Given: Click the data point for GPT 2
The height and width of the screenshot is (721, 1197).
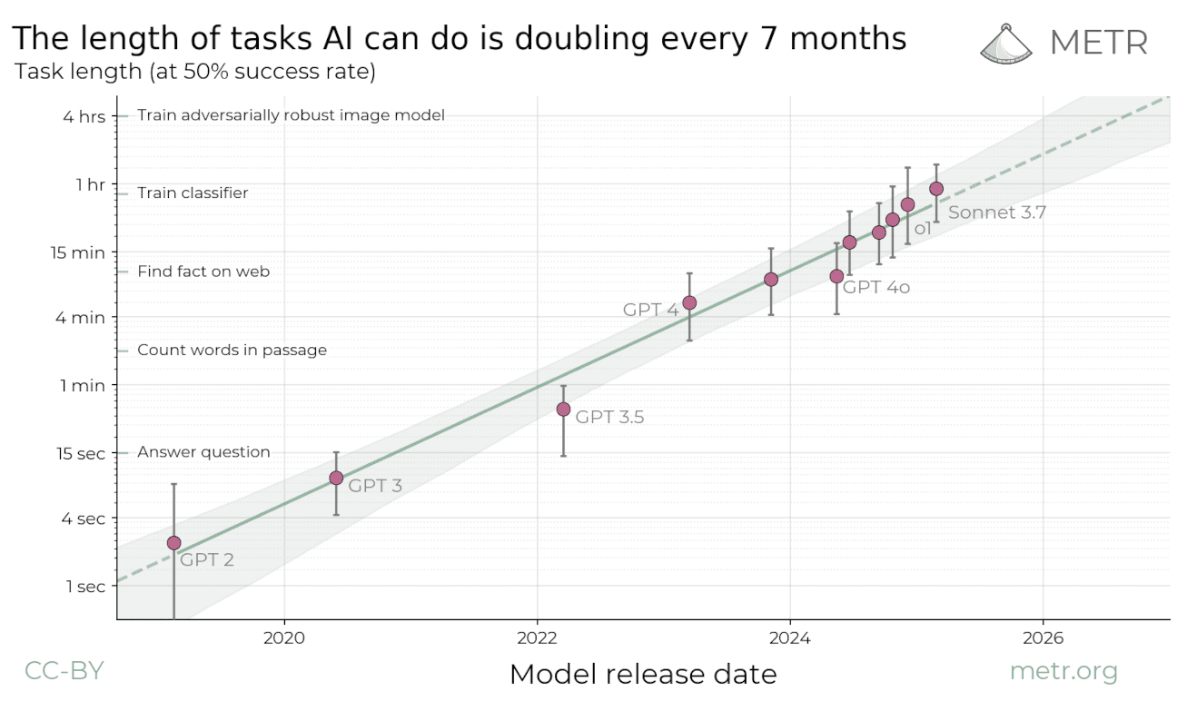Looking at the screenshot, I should [x=173, y=543].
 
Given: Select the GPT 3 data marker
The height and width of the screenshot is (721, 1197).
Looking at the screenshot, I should [x=336, y=478].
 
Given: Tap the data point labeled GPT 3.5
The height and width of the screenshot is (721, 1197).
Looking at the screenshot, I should [x=563, y=410].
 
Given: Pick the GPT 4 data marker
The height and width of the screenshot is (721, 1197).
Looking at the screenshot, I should [x=689, y=302].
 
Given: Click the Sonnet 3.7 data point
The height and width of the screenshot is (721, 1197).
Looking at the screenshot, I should [x=936, y=189].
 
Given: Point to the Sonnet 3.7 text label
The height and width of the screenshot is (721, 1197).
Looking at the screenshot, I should [x=997, y=212].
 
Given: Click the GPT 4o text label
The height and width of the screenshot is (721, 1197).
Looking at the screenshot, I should [x=876, y=288].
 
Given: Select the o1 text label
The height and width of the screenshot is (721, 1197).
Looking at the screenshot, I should [x=923, y=230].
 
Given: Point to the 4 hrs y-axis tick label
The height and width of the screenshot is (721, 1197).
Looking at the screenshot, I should [x=84, y=116].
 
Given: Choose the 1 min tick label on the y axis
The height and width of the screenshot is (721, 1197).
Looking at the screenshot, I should [x=83, y=385].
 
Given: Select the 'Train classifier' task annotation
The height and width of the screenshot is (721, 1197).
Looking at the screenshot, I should [x=193, y=193].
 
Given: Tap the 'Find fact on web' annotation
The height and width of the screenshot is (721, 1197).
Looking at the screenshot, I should [x=203, y=272].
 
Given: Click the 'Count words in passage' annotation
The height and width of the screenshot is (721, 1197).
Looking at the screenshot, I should [x=232, y=351].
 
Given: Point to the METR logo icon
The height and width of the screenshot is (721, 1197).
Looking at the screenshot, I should [x=1010, y=42].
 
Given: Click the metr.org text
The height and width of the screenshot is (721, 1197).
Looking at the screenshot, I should [x=1063, y=671].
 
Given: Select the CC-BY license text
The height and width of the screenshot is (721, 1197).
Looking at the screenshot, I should [x=64, y=671].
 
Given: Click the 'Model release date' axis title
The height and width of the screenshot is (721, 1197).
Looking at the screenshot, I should [x=643, y=674].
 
